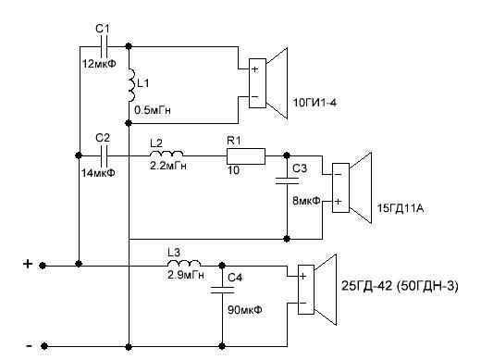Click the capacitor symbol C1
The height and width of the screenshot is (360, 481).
104,47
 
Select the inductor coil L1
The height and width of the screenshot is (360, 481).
132,85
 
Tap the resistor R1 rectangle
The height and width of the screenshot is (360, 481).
246,156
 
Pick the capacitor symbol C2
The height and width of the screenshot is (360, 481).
104,155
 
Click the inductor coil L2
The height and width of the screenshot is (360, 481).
166,154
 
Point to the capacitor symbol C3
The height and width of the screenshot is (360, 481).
287,180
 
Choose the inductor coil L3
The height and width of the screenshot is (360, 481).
184,263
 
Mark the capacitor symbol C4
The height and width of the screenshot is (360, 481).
222,290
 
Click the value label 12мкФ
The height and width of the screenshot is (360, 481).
99,64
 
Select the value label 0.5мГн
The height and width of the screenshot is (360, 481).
153,110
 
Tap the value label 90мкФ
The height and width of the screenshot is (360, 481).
245,309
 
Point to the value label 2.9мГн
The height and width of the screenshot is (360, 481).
186,274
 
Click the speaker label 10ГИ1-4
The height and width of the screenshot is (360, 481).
314,102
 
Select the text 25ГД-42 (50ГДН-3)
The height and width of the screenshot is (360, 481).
400,286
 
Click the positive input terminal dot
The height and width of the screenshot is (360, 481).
43,266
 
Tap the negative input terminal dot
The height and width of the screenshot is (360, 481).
44,346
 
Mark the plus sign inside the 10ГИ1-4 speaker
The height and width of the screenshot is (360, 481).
254,68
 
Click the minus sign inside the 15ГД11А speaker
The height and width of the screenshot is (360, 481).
338,175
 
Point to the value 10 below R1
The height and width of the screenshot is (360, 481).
233,169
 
